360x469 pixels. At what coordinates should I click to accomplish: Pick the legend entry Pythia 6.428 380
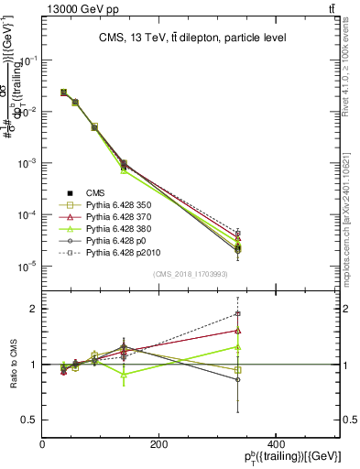115,229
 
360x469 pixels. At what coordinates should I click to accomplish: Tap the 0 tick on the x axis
43,444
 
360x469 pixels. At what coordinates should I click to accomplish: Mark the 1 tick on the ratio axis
35,365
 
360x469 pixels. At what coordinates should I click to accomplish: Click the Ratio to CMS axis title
13,365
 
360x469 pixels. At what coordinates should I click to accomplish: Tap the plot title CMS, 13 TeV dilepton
191,38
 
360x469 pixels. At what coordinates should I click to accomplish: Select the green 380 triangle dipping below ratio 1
124,374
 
